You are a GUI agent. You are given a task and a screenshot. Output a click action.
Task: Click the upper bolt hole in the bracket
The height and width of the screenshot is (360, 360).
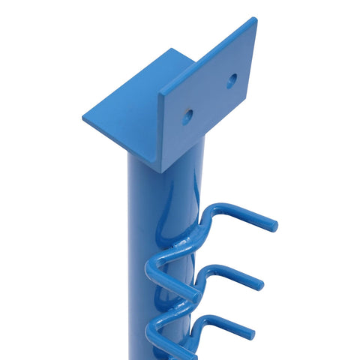[x=232, y=80]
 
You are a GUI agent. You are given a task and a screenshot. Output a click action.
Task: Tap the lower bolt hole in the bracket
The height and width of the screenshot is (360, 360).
[x=187, y=116]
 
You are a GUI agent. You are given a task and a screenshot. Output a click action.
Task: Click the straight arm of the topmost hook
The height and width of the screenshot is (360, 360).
[x=244, y=216]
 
